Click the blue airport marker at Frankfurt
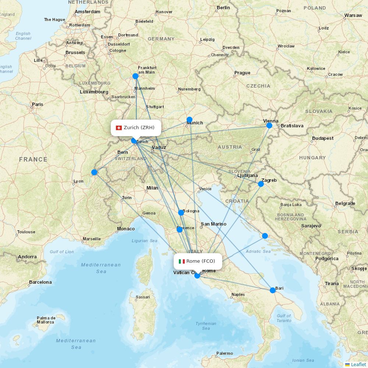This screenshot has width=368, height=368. [135, 76]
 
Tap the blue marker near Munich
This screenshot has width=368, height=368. [190, 119]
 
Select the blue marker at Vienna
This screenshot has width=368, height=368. [269, 125]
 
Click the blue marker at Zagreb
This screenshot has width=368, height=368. [261, 184]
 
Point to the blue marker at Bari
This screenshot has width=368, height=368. [273, 290]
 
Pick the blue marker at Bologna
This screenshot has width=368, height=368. [181, 213]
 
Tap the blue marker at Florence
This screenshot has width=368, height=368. [180, 230]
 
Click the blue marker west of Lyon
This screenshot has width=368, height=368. [94, 172]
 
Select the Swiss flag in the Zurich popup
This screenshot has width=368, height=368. [119, 128]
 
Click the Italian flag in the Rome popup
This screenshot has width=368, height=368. [182, 261]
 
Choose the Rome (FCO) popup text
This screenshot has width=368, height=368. [201, 261]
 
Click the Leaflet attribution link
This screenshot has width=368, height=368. [358, 364]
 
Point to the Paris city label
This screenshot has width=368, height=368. [38, 105]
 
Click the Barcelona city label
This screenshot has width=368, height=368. [40, 282]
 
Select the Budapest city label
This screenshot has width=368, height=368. [323, 138]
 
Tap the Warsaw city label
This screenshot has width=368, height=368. [353, 15]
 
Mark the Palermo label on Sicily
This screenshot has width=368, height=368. [224, 353]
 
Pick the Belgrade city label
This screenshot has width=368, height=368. [345, 204]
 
